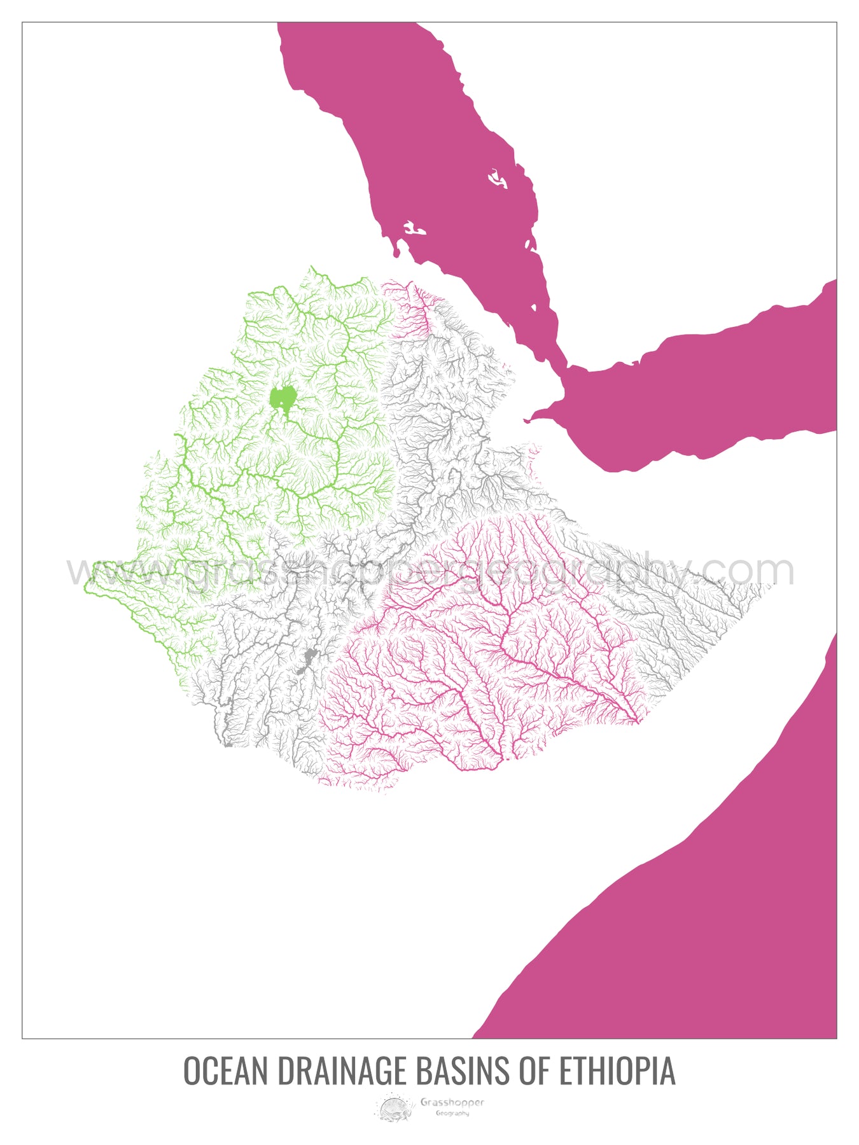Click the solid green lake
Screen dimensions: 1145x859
[283, 398]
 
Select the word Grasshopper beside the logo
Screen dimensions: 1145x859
[452, 1102]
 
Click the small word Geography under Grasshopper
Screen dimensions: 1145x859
[452, 1113]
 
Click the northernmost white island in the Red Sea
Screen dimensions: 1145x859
[498, 179]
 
